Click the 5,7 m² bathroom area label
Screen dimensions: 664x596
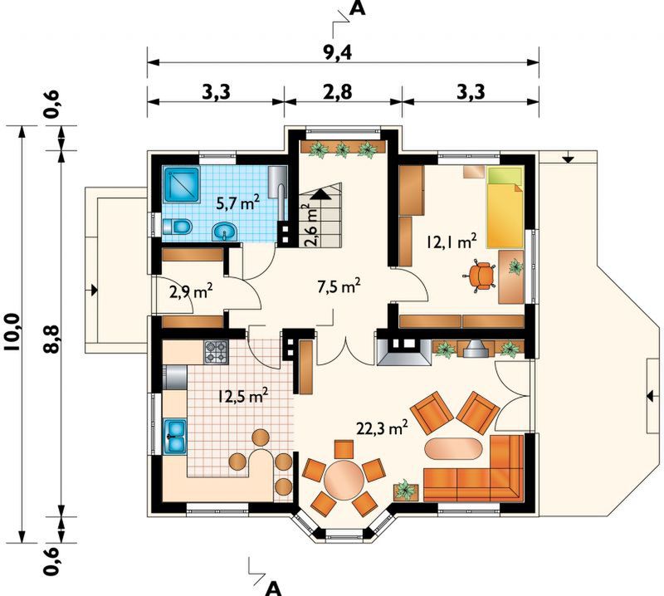[237, 203]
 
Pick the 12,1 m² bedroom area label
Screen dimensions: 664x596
[452, 242]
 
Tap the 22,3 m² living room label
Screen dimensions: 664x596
[382, 427]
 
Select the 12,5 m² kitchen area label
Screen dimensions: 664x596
[243, 396]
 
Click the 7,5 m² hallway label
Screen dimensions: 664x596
[339, 287]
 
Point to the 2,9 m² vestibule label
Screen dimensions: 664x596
[191, 292]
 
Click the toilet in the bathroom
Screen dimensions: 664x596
[177, 227]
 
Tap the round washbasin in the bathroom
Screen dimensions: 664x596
[225, 232]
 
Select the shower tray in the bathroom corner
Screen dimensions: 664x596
[182, 184]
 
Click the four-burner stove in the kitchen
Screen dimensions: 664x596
[216, 353]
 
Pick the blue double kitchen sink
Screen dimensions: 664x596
[174, 437]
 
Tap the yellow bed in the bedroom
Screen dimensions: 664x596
[505, 208]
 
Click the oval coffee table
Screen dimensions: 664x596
[453, 448]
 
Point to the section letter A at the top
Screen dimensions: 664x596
[358, 8]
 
